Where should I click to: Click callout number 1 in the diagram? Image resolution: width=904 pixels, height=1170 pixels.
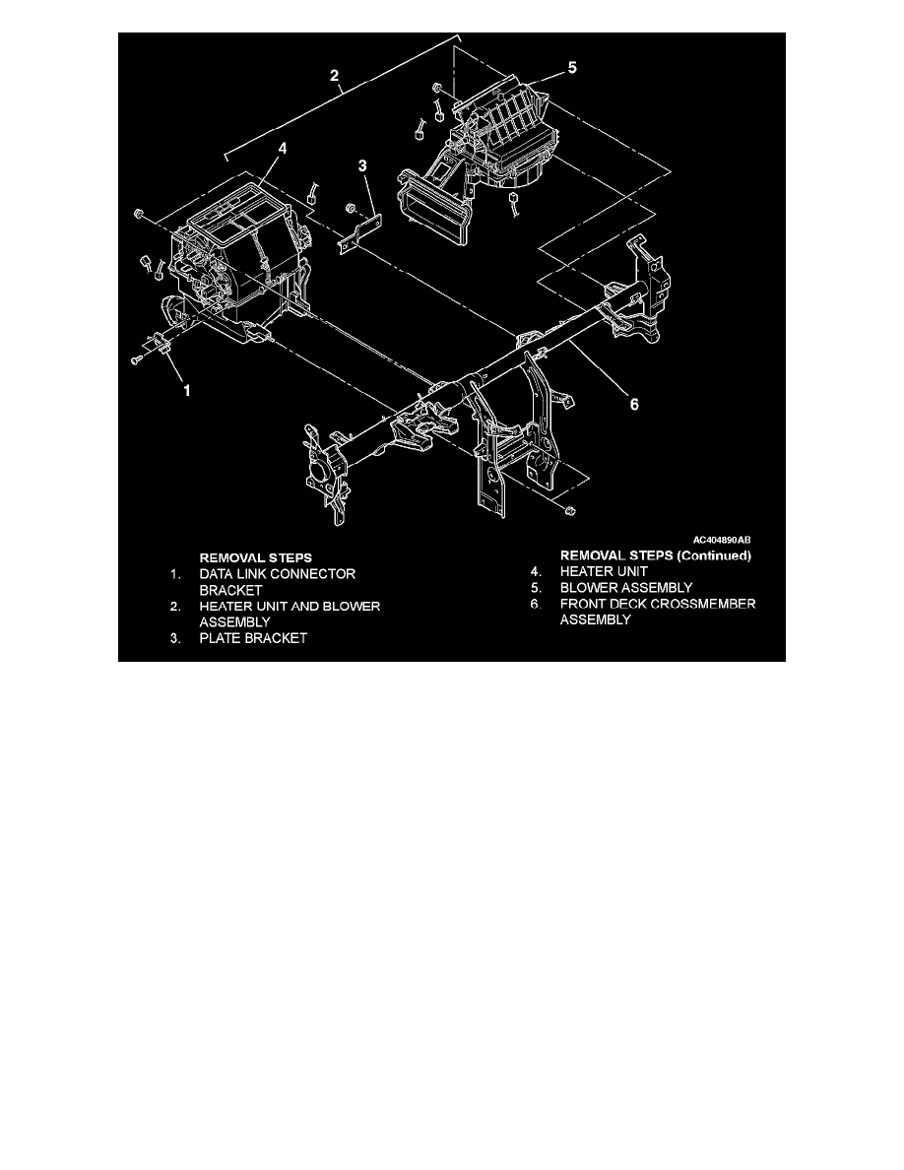187,390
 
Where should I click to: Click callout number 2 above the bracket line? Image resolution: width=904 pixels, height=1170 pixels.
336,75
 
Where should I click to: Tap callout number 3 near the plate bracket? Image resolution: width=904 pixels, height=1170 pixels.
363,167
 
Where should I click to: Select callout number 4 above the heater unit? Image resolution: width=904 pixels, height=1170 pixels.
282,149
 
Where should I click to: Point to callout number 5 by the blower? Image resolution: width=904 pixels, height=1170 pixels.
572,68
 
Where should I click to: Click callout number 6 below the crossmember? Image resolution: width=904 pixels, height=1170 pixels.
634,404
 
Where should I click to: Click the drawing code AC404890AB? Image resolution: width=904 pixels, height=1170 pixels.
722,540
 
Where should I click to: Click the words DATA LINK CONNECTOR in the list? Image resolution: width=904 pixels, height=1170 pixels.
277,573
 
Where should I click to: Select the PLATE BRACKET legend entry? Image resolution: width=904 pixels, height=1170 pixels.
253,637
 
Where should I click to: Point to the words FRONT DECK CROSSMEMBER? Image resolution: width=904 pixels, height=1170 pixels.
658,604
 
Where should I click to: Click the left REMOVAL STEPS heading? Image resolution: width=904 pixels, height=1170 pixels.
255,556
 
